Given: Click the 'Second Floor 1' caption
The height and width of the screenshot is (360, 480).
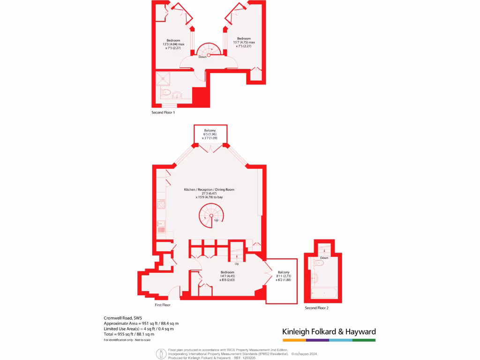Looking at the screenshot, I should tap(163, 112).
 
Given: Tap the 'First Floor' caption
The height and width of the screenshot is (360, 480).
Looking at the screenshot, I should tap(163, 305).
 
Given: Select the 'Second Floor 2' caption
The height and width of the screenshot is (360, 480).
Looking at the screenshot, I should tap(316, 308).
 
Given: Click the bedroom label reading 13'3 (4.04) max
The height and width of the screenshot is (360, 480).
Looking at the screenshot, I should tap(173, 44).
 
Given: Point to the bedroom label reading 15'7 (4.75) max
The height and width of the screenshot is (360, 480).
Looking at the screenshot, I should tap(244, 42).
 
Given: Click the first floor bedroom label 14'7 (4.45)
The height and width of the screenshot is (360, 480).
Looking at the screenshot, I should tap(227, 276).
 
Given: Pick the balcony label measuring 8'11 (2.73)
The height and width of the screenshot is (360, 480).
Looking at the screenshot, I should tap(284, 276).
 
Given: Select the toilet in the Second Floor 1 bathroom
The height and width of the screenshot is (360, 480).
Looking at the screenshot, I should tap(165, 93).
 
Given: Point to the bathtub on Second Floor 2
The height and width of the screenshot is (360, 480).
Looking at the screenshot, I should tap(324, 293).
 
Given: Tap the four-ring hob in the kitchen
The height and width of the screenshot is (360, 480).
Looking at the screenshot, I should tap(161, 204).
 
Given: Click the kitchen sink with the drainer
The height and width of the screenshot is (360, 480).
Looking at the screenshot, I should tap(161, 227).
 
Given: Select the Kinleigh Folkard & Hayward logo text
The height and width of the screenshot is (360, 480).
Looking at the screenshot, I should tap(329, 332).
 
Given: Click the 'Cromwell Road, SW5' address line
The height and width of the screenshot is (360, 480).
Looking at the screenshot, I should tap(123, 318).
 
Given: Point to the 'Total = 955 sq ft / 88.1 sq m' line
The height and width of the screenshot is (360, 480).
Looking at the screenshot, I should tap(129, 334).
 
